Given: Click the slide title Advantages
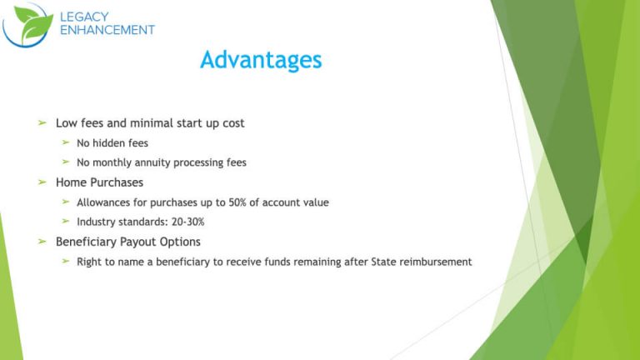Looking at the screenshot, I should pyautogui.click(x=261, y=60).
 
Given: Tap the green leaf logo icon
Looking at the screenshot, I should pyautogui.click(x=28, y=24).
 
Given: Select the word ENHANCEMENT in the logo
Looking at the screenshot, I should pyautogui.click(x=107, y=30).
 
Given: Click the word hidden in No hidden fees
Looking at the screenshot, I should pyautogui.click(x=111, y=143).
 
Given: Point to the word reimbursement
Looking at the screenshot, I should pyautogui.click(x=433, y=262).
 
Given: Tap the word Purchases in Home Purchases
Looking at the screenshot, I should pyautogui.click(x=115, y=182).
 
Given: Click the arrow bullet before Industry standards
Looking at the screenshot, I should pyautogui.click(x=66, y=222).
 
